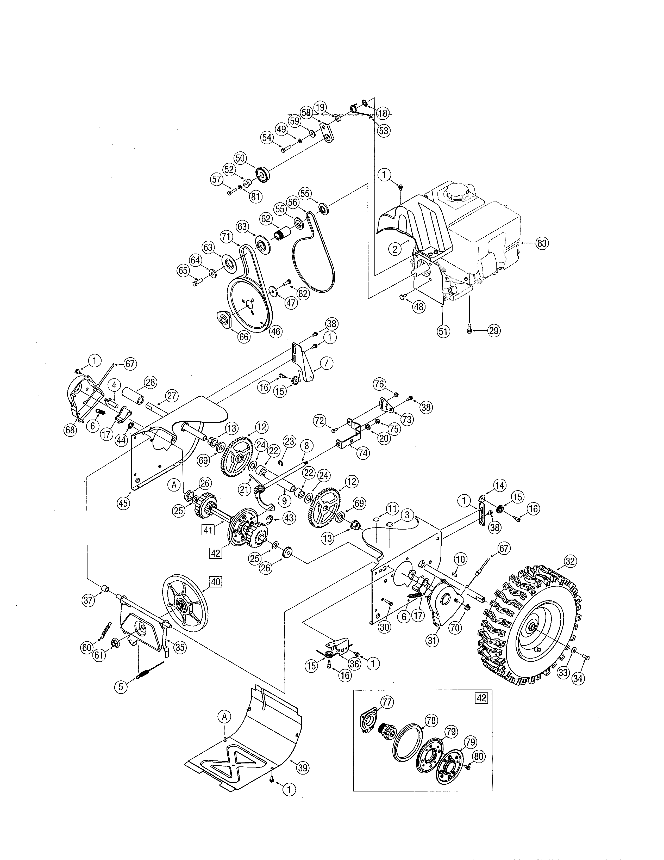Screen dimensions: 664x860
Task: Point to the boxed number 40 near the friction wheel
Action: coord(216,582)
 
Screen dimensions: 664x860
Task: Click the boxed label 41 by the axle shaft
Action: coord(208,530)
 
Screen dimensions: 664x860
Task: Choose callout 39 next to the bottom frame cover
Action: coord(303,767)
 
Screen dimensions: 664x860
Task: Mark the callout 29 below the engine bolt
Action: coord(494,331)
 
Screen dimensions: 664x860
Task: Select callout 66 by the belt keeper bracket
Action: coord(244,337)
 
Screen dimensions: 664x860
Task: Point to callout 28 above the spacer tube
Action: coord(150,382)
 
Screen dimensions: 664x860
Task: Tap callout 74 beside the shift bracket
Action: coord(363,453)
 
